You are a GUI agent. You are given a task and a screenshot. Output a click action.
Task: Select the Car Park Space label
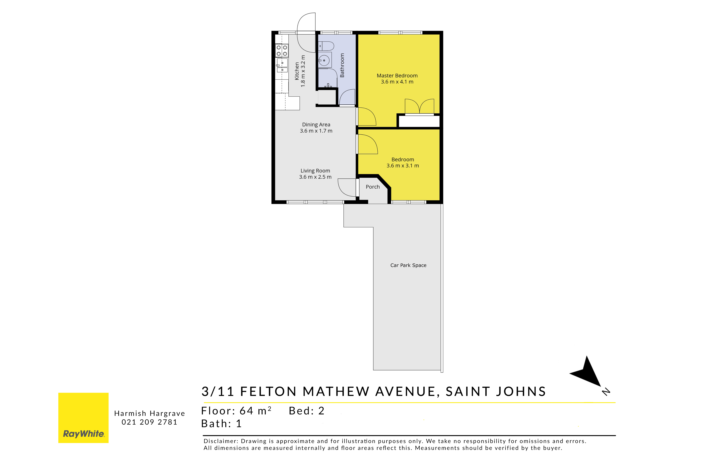click(408, 265)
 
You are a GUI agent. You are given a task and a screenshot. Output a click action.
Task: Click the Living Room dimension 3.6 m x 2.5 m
click(315, 177)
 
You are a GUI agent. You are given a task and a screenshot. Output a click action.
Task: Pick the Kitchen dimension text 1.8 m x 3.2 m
click(303, 71)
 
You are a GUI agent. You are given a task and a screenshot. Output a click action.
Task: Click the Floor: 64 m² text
click(236, 411)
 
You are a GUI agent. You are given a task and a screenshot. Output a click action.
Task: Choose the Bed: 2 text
click(306, 411)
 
